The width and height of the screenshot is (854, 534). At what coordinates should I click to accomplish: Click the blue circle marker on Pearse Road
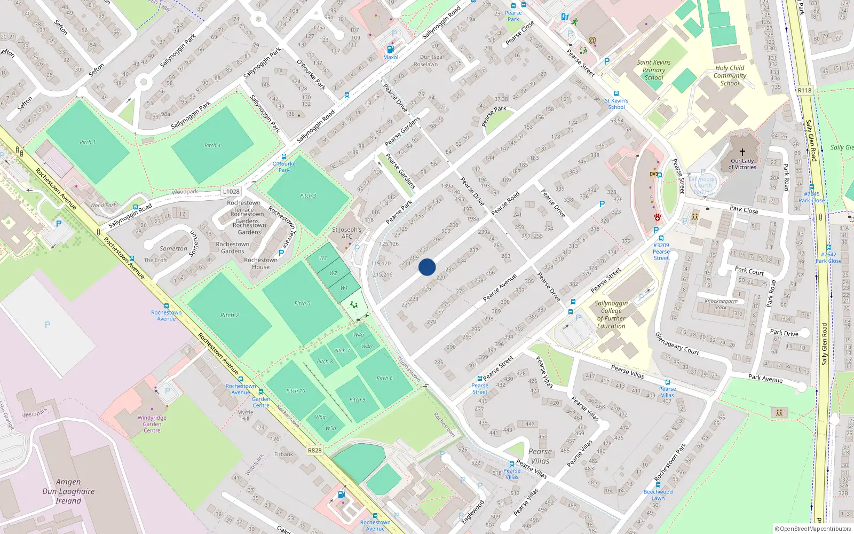point(427,267)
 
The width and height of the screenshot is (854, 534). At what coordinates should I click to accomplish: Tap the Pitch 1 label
point(88,142)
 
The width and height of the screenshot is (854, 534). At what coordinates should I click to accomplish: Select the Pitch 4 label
point(212,145)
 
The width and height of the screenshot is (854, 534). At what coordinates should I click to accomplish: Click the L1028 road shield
point(231,191)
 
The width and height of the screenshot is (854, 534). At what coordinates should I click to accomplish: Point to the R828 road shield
point(315,450)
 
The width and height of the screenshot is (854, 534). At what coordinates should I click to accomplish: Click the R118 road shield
point(804,90)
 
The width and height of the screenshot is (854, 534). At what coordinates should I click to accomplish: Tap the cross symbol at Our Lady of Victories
point(742,152)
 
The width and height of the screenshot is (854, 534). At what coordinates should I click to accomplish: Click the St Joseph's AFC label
point(347,233)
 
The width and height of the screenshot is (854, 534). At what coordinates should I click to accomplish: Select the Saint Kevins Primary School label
point(654,70)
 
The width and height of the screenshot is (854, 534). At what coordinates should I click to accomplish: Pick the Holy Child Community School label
point(730,75)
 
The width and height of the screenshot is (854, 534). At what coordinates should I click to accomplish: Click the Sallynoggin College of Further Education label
point(611,315)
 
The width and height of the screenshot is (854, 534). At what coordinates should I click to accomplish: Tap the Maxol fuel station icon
point(390,49)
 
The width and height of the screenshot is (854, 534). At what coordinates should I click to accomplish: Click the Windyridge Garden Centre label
point(152,424)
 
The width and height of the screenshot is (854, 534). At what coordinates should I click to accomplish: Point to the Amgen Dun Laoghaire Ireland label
point(68,491)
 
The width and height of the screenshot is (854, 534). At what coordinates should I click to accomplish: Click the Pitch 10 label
point(296,391)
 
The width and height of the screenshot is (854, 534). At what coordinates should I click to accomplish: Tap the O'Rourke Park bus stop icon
point(284,157)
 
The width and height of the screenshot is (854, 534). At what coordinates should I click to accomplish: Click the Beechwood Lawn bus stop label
point(658,495)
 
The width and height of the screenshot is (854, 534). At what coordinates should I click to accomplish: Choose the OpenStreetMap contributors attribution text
point(812,529)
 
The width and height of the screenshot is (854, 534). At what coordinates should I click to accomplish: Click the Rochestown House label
point(260,263)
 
